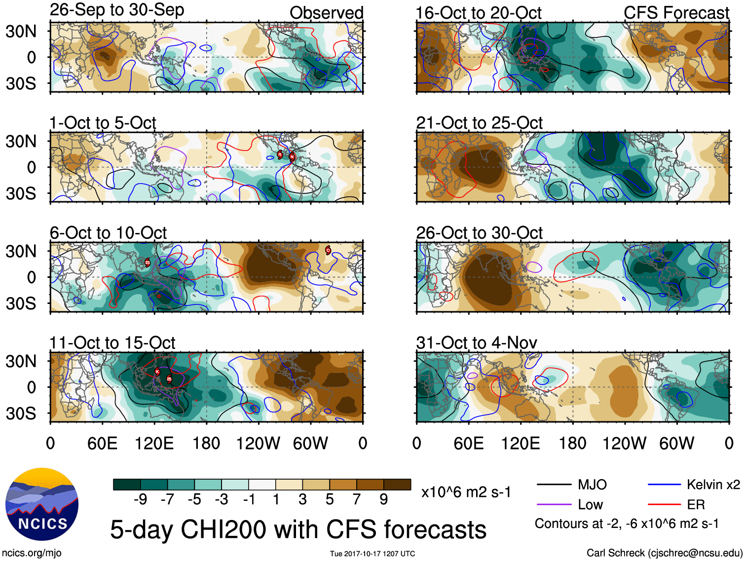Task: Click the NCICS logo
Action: click(42, 504)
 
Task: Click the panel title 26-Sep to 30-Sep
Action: click(117, 10)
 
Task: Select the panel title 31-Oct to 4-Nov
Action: click(477, 342)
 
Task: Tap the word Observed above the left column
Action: click(326, 13)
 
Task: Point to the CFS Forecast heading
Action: click(676, 13)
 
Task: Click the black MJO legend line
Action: click(554, 485)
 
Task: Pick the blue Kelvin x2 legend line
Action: click(664, 485)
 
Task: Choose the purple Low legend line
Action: click(554, 504)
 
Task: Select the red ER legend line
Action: click(664, 504)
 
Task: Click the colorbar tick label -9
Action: click(140, 499)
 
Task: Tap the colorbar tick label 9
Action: click(384, 499)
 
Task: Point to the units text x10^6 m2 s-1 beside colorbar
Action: click(466, 492)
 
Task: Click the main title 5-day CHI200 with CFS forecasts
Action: click(298, 529)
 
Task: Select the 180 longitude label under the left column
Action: click(206, 443)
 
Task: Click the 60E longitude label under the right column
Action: click(468, 443)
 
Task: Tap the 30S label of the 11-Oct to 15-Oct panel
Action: click(21, 413)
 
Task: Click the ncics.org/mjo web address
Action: click(32, 553)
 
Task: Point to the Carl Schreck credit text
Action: click(664, 553)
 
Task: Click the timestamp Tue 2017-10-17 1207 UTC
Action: click(372, 554)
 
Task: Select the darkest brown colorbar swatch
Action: click(397, 485)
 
